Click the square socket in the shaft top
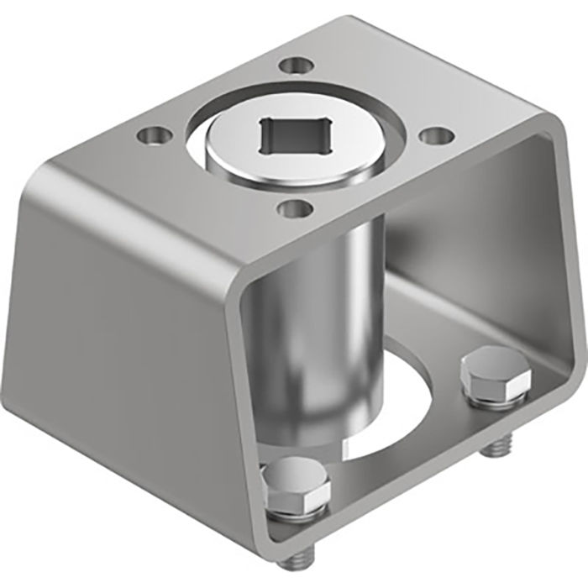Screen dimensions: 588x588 (294, 136)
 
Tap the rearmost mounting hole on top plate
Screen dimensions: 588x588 (295, 65)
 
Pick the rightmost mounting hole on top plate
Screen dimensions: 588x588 (434, 135)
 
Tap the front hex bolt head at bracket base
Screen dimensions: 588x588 (295, 486)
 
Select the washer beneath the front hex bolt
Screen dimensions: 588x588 (296, 514)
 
